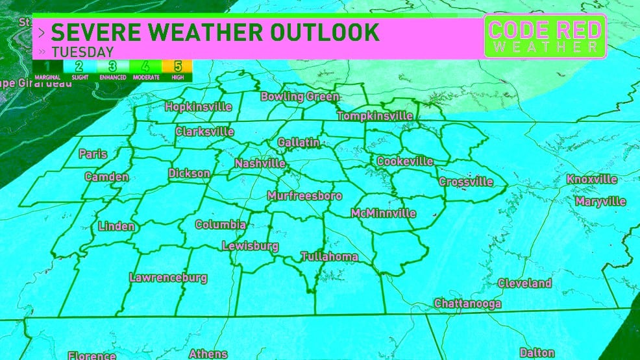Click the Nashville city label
(x=260, y=163)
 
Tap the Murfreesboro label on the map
(x=304, y=195)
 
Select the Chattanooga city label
(x=467, y=304)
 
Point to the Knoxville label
(x=591, y=179)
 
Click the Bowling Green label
(x=299, y=97)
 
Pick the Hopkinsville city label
(x=199, y=106)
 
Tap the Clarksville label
(x=204, y=131)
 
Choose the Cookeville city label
(x=404, y=161)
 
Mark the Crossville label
(x=466, y=182)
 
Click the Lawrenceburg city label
(x=168, y=278)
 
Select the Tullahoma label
(x=329, y=257)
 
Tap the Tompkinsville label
(x=375, y=116)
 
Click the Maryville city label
(x=600, y=202)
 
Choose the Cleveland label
(x=524, y=283)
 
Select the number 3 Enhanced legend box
(x=112, y=68)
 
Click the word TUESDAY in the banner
(x=82, y=52)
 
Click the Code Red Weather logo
(x=545, y=36)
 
